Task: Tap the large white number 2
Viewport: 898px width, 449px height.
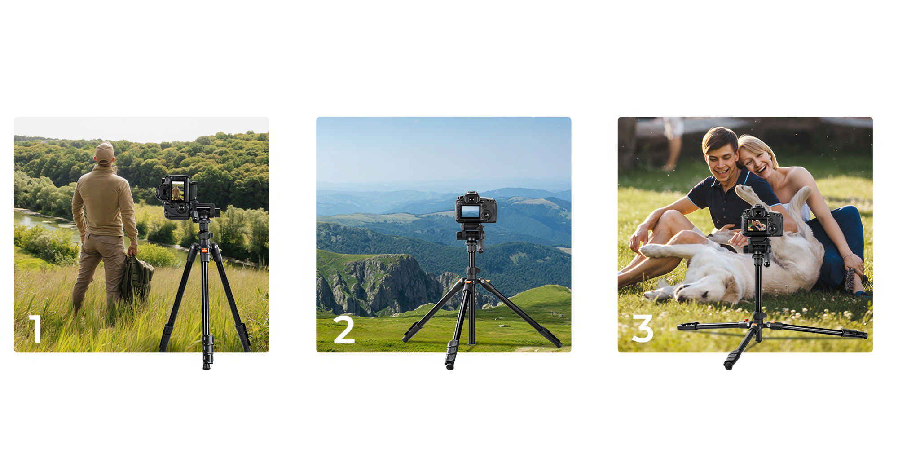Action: (x=344, y=329)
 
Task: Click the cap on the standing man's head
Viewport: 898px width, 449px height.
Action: (x=105, y=153)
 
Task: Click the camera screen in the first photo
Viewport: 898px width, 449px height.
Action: (x=177, y=191)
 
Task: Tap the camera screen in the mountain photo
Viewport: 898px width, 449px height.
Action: (x=470, y=211)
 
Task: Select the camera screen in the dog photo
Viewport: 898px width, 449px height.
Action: (x=757, y=225)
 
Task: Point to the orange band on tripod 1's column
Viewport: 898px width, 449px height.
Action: (x=204, y=250)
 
